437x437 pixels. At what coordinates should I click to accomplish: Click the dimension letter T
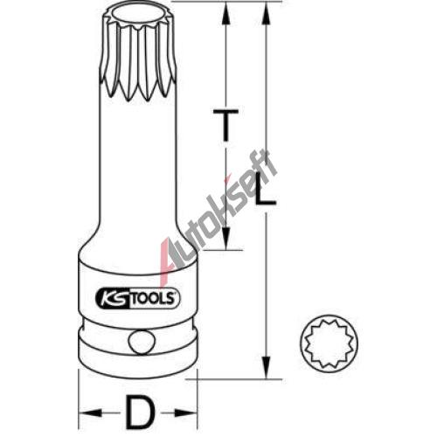click(225, 125)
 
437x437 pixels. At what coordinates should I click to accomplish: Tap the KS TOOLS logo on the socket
click(138, 299)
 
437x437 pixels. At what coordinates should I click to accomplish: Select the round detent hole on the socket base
click(141, 343)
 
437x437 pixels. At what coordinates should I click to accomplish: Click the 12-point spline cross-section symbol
click(329, 343)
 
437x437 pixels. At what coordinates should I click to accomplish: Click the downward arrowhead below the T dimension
click(226, 237)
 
